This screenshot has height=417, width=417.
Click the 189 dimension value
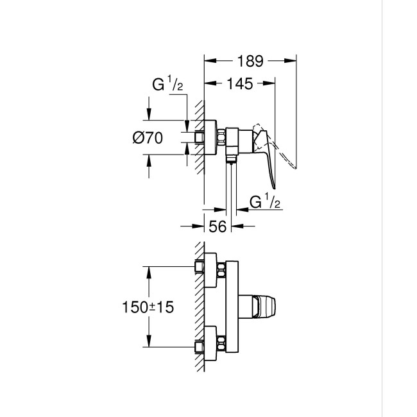pyautogui.click(x=250, y=62)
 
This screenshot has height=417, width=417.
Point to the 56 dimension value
pyautogui.click(x=217, y=226)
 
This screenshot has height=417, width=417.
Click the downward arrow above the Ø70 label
pyautogui.click(x=149, y=115)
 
